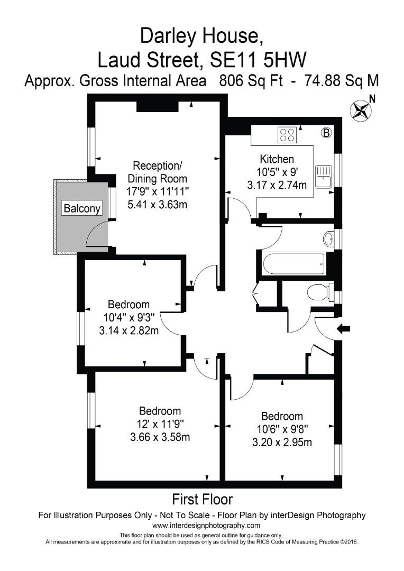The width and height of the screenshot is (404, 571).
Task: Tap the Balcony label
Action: point(82,208)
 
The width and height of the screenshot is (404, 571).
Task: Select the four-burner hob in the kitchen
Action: point(288,135)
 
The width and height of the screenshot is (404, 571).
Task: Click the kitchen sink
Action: point(323,176)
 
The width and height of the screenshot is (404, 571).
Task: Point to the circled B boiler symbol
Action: point(326,133)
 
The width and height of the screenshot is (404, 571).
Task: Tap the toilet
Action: point(319,292)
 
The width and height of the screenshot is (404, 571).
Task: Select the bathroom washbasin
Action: point(328,239)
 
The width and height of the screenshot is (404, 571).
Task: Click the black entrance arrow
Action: point(343,329)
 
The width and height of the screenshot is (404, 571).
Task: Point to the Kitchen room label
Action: point(277,159)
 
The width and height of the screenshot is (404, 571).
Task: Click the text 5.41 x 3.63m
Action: point(157,204)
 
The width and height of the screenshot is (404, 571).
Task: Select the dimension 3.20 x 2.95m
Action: point(281,441)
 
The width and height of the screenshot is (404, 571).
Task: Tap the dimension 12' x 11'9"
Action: point(160,423)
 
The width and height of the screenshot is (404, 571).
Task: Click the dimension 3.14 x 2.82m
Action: point(128,330)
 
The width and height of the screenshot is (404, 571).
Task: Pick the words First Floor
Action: point(202,499)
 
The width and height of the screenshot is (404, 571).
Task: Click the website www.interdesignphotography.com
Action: point(206,526)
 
